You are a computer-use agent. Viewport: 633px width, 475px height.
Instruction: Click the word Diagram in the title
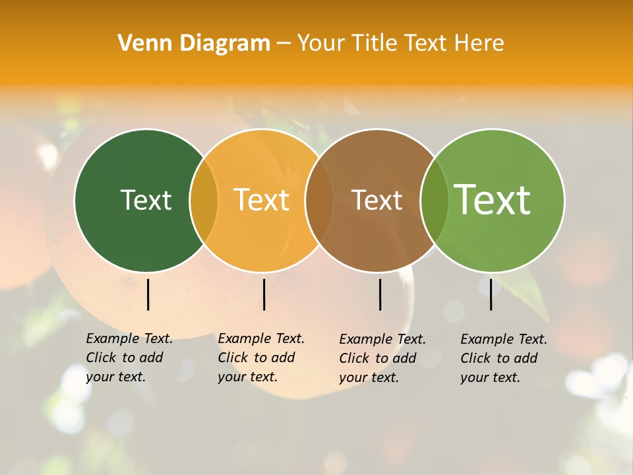pos(225,43)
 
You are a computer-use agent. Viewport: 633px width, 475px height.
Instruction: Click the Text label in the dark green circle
pos(146,200)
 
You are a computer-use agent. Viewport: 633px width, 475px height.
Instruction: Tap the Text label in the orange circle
pos(262,200)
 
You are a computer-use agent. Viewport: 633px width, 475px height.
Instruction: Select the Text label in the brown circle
pos(377,200)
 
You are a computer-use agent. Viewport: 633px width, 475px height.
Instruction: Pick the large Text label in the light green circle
pos(493,200)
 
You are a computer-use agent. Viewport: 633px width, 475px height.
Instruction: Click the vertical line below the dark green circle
pos(148,294)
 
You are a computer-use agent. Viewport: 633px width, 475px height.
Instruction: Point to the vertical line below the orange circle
pos(264,294)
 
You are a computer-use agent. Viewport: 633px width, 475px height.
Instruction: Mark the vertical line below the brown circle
pos(380,294)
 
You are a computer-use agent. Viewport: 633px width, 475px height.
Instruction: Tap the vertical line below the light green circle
pos(491,294)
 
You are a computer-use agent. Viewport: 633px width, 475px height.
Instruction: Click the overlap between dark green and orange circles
pos(204,200)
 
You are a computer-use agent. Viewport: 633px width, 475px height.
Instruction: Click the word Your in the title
pos(322,43)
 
